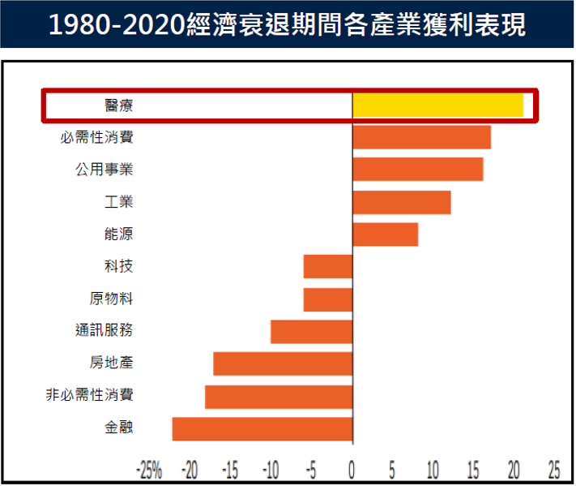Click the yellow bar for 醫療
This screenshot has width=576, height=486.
point(437,105)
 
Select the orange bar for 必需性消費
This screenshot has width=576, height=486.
point(421,138)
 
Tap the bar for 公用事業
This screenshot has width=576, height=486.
point(417,170)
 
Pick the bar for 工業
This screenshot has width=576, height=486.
point(401,202)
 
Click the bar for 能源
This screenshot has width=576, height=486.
point(385,234)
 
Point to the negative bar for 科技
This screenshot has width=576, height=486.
point(328,267)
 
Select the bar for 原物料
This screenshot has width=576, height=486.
point(328,299)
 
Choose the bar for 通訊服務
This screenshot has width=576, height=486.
point(311,332)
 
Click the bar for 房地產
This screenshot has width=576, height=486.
point(283,363)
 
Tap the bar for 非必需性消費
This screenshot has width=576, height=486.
point(279,397)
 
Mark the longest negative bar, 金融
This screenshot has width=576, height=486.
point(262,429)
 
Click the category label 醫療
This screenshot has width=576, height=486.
point(119,105)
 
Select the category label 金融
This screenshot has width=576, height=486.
point(119,428)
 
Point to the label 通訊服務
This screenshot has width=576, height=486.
point(103,331)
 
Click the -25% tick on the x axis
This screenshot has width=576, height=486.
point(149,470)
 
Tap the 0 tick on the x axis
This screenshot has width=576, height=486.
point(352,470)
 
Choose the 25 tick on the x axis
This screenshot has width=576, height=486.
point(554,470)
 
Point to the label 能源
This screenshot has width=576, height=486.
point(119,234)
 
